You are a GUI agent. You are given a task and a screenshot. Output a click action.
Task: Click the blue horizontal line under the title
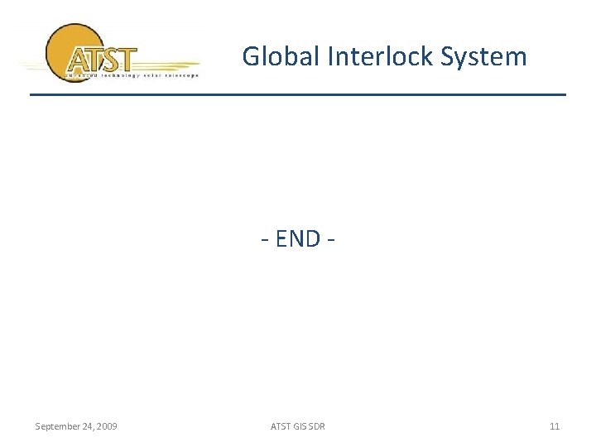pos(298,94)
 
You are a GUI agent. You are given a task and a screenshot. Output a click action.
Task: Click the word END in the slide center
pos(297,238)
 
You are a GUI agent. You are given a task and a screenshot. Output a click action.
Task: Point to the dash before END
pos(265,239)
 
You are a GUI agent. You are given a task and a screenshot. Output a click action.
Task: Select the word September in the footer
pos(57,426)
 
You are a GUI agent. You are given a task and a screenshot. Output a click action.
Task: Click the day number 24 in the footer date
pos(88,426)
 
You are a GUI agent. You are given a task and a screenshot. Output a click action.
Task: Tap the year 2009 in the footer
pos(107,426)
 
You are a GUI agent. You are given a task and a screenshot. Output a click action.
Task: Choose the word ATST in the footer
pos(281,426)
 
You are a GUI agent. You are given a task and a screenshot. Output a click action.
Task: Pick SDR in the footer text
pos(316,426)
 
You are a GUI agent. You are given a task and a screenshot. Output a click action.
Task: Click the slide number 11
pos(555,426)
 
